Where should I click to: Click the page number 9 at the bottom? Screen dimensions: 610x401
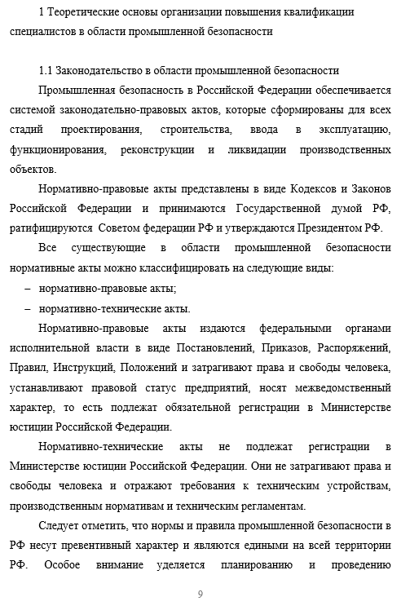tap(200, 594)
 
